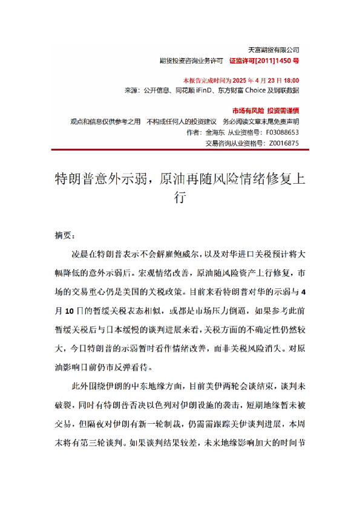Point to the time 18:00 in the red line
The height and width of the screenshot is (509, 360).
[x=290, y=80]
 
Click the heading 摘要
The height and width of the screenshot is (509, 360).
[x=64, y=235]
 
